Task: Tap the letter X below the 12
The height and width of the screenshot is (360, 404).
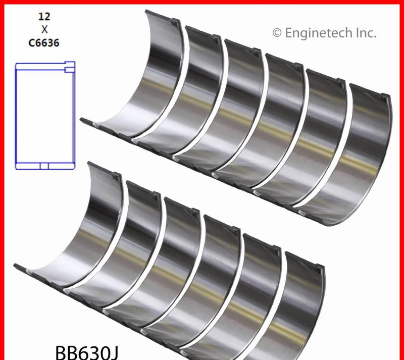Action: pyautogui.click(x=44, y=30)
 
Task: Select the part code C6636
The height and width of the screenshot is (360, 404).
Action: pyautogui.click(x=44, y=43)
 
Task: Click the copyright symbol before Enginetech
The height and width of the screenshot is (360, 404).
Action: pyautogui.click(x=277, y=33)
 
